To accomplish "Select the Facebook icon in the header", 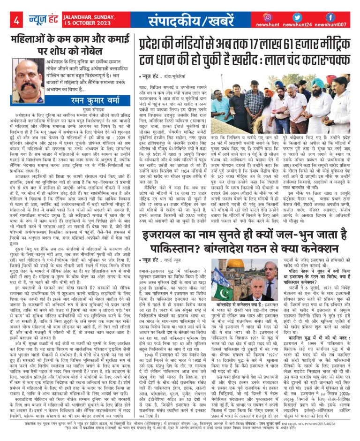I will [330, 17].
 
